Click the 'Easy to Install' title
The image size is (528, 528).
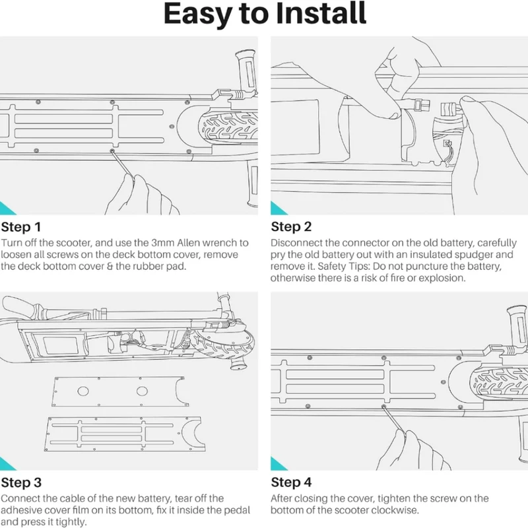click(265, 14)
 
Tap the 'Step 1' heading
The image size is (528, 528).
click(21, 227)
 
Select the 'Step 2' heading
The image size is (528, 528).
click(291, 227)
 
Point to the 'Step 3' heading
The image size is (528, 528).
click(21, 482)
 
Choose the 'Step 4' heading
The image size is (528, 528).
click(291, 482)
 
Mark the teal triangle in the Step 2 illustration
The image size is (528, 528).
click(277, 209)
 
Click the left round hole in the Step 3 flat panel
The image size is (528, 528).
click(83, 391)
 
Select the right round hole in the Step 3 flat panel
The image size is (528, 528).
click(142, 391)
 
